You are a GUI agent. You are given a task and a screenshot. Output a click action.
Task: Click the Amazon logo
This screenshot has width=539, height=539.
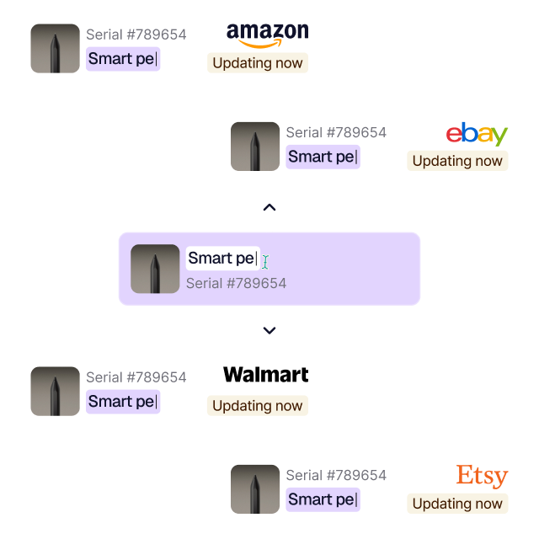[x=267, y=35]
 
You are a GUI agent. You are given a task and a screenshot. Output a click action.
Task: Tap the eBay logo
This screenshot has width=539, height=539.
[x=477, y=133]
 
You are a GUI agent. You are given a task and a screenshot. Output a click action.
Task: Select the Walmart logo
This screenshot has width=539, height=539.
[x=265, y=375]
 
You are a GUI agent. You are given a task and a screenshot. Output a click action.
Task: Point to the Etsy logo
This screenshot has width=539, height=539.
[x=482, y=476]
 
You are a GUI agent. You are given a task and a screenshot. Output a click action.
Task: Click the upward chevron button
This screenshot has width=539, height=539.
[x=269, y=207]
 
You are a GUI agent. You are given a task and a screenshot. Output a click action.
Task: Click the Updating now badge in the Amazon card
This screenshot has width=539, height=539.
[x=257, y=63]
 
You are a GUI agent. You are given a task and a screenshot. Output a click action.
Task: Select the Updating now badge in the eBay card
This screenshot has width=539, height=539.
[x=457, y=161]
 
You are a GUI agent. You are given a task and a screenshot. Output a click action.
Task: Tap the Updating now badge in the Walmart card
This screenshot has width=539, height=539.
[x=257, y=406]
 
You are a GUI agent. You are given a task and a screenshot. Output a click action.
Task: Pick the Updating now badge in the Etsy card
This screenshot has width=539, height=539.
[x=457, y=504]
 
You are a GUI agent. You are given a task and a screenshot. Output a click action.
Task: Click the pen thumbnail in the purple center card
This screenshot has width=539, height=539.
[x=155, y=269]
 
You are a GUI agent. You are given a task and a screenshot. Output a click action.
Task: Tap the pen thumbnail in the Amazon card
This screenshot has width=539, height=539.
[x=56, y=48]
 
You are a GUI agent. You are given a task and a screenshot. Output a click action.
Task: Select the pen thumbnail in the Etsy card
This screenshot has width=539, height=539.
[x=255, y=489]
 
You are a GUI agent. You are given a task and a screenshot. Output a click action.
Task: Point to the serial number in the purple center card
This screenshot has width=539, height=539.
[x=236, y=284]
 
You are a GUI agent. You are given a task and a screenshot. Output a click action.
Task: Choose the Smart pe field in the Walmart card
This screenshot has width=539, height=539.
[x=123, y=402]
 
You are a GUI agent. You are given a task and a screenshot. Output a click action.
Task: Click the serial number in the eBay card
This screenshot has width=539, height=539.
[x=336, y=132]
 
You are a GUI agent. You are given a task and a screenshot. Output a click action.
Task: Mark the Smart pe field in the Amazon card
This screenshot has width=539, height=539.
[x=123, y=59]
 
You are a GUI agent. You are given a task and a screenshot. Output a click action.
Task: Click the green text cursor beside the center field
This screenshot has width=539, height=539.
[x=264, y=262]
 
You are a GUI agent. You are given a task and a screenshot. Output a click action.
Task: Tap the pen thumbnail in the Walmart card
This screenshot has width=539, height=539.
[x=56, y=391]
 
